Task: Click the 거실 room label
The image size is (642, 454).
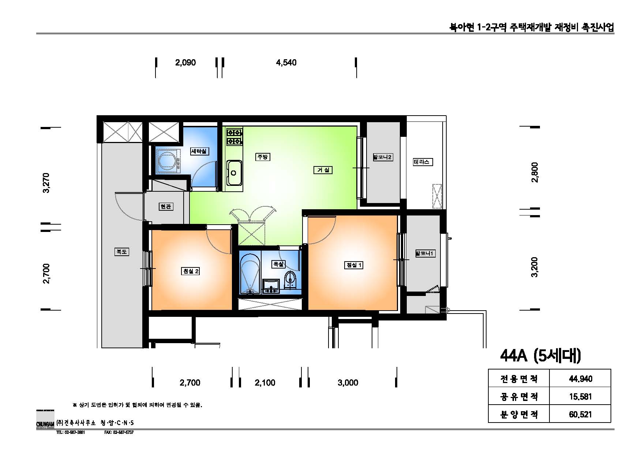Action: pos(323,170)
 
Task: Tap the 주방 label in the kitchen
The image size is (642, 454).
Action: pos(262,157)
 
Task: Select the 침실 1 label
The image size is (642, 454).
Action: pos(354,265)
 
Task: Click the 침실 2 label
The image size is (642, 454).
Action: pos(191,271)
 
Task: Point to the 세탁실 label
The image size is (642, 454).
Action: pos(199,151)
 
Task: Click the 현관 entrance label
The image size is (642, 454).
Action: pos(166,207)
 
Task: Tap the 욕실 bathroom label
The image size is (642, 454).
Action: pos(278,264)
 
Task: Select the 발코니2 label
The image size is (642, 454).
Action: pos(383,157)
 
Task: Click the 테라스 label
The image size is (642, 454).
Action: pos(422,162)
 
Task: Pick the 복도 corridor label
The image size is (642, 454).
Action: pos(121,252)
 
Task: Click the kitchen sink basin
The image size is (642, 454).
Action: pos(234,173)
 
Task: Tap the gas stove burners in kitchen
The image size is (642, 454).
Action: pos(234,136)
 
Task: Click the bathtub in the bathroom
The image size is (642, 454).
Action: pos(250,274)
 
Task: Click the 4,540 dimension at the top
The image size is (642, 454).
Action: pos(286,63)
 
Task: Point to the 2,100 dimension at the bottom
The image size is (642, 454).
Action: pos(265,383)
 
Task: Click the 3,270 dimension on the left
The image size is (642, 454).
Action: pos(47,183)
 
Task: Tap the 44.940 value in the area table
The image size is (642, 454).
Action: pos(580,379)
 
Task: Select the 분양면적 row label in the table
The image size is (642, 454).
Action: pos(519,414)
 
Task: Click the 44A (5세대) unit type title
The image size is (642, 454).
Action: pos(540,356)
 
